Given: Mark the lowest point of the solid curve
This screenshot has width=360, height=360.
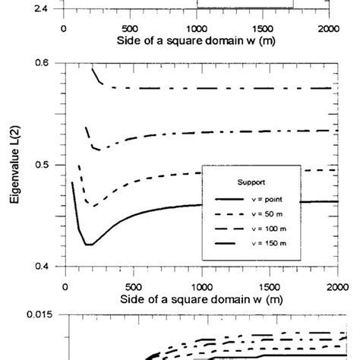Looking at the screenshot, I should coord(89,245).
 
